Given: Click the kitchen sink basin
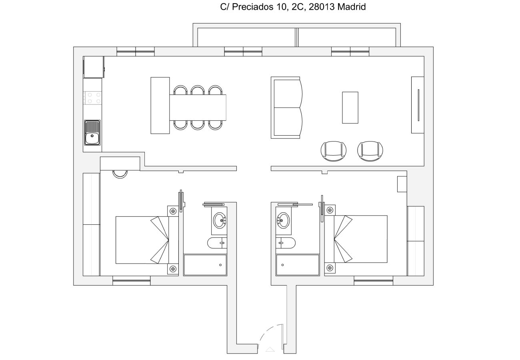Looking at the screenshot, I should pyautogui.click(x=92, y=137).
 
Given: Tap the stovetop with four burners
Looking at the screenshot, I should pyautogui.click(x=92, y=98).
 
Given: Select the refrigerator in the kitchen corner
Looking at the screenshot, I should pyautogui.click(x=93, y=67).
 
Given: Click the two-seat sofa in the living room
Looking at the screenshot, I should pyautogui.click(x=286, y=108).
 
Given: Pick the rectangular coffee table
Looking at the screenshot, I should pyautogui.click(x=350, y=108).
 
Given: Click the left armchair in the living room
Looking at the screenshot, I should pyautogui.click(x=333, y=151).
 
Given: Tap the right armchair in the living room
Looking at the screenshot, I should pyautogui.click(x=370, y=151).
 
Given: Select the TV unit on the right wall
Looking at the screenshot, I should pyautogui.click(x=418, y=105).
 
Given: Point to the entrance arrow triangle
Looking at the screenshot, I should pyautogui.click(x=270, y=350).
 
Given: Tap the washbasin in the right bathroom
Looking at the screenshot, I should pyautogui.click(x=283, y=220).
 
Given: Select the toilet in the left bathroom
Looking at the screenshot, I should pyautogui.click(x=217, y=242).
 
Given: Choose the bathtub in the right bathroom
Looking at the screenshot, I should pyautogui.click(x=298, y=265).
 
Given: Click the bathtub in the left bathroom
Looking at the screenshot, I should pyautogui.click(x=205, y=265).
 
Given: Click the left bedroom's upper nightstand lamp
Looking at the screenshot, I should pyautogui.click(x=173, y=211).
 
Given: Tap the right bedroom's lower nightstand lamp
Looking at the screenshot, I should pyautogui.click(x=330, y=268).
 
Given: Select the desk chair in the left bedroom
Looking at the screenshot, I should pyautogui.click(x=120, y=174).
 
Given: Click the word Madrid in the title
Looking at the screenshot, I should pyautogui.click(x=352, y=7).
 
